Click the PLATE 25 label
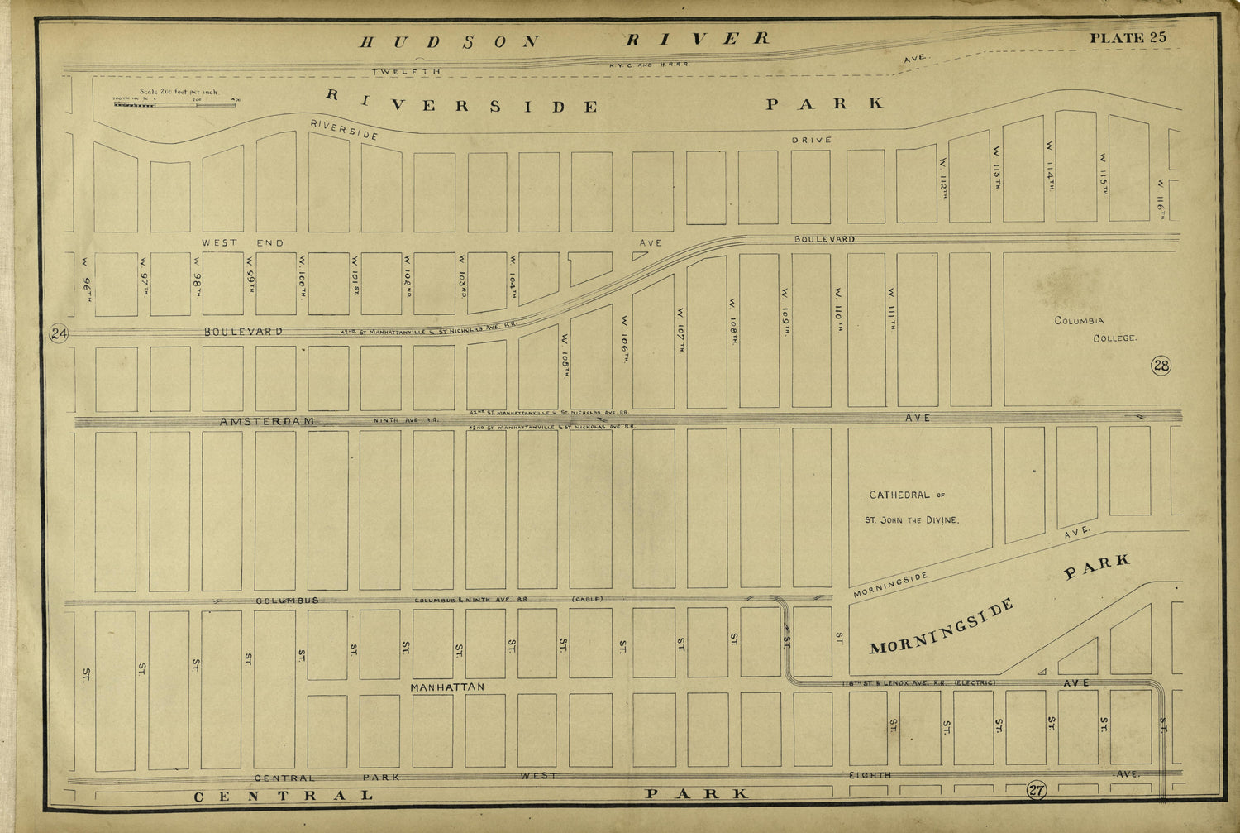point(1128,37)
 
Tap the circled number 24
point(59,333)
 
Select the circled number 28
point(1161,365)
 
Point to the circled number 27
point(1037,790)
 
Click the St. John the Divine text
point(912,520)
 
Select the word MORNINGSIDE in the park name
point(942,626)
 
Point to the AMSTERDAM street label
point(267,421)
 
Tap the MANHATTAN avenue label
point(447,687)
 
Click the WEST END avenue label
point(242,242)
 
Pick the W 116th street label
point(1161,199)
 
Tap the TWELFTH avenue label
point(406,72)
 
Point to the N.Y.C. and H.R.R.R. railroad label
point(649,64)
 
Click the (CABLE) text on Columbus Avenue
point(587,599)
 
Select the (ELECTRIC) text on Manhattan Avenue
point(975,682)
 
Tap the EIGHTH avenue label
point(870,775)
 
